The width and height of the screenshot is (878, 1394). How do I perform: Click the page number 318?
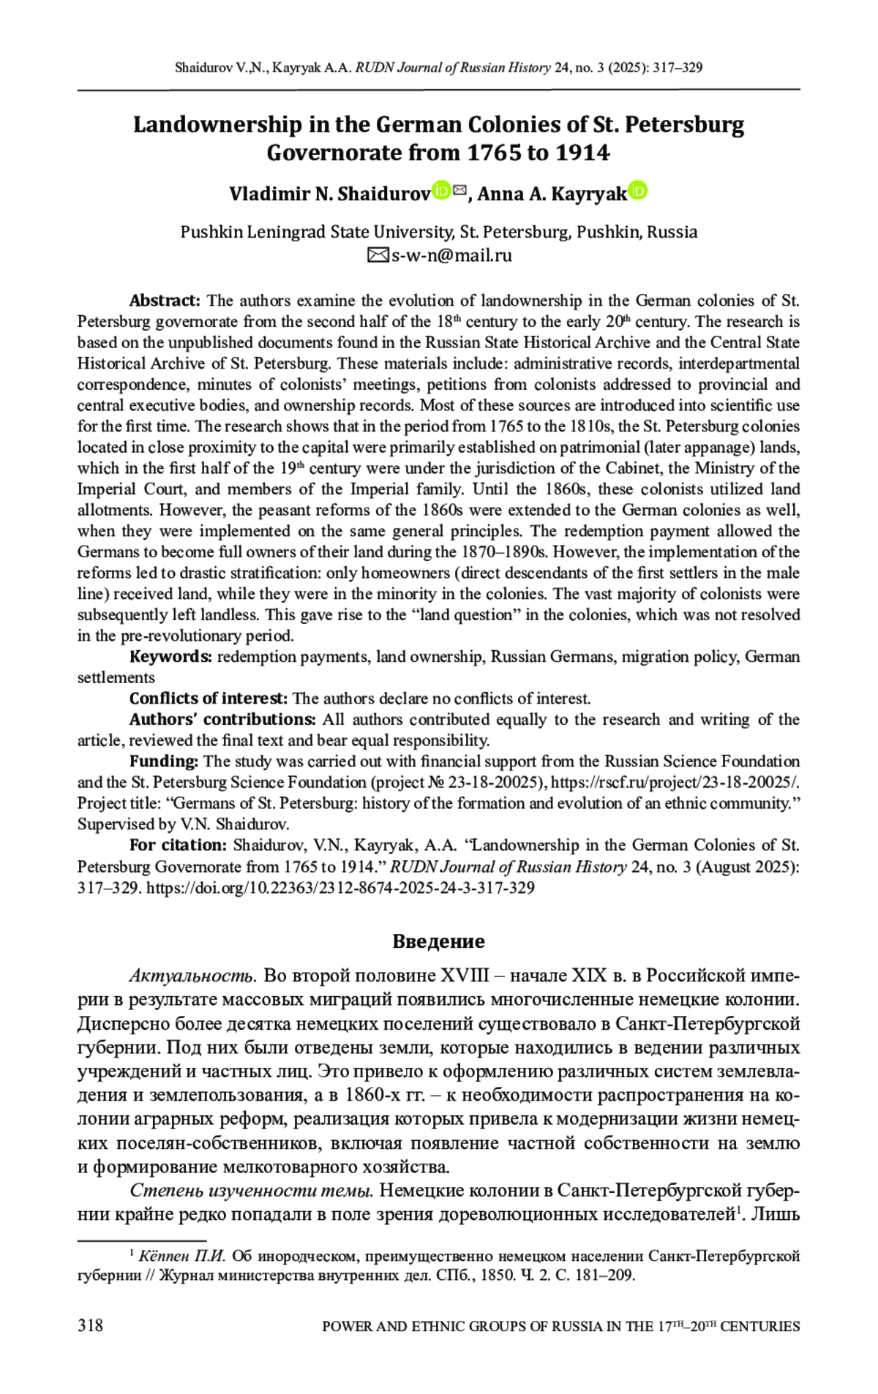coord(90,1325)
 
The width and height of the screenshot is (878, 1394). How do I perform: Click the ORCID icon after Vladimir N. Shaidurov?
coord(441,192)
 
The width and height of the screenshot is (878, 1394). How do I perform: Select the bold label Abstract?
coord(165,301)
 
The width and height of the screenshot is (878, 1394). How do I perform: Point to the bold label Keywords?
coord(170,657)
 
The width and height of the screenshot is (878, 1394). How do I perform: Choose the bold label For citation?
coord(179,845)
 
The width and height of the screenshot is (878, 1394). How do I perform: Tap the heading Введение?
coord(438,941)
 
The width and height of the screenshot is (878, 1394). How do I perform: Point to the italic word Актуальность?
coord(192,976)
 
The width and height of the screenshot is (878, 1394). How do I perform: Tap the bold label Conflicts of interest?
coord(209,698)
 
